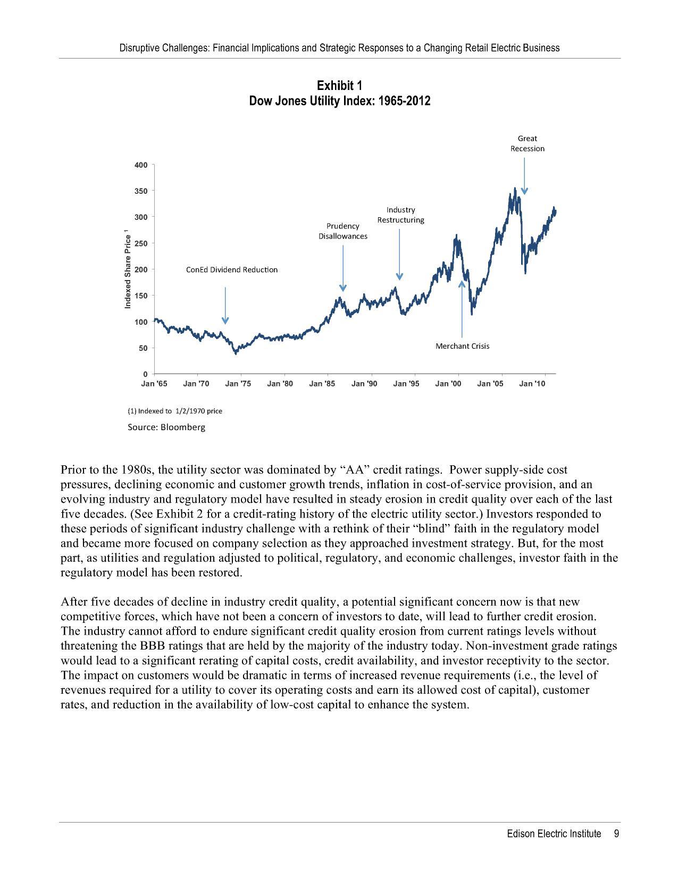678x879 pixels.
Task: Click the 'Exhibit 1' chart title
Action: (339, 86)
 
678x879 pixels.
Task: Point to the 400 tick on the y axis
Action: (141, 165)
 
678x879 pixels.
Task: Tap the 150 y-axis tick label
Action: (141, 295)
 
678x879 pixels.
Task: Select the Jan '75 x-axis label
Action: (238, 384)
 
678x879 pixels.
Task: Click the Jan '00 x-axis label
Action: (448, 384)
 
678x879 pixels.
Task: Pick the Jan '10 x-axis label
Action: (532, 384)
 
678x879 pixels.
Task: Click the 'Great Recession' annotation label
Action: (527, 144)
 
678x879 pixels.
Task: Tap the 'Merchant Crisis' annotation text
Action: (462, 346)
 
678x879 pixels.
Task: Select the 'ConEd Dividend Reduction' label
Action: (232, 270)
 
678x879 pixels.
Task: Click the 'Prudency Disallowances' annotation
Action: (343, 231)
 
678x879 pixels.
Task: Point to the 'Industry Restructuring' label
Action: (400, 215)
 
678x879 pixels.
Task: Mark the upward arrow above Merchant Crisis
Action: (462, 309)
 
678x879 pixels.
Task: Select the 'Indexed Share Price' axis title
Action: (128, 269)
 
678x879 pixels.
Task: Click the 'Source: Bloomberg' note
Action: (166, 428)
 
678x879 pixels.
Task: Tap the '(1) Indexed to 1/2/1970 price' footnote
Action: (175, 411)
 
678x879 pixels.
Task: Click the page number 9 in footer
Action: (616, 834)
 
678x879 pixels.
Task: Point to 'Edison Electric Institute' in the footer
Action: (554, 834)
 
